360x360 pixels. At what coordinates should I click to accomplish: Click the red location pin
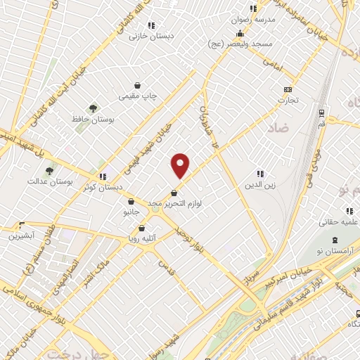tap(181, 165)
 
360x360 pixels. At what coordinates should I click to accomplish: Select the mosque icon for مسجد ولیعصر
tap(240, 33)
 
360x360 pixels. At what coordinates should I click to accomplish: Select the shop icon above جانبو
tap(131, 201)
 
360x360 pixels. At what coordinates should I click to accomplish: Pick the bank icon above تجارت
tap(287, 89)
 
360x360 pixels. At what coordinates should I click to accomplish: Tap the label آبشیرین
tap(22, 236)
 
